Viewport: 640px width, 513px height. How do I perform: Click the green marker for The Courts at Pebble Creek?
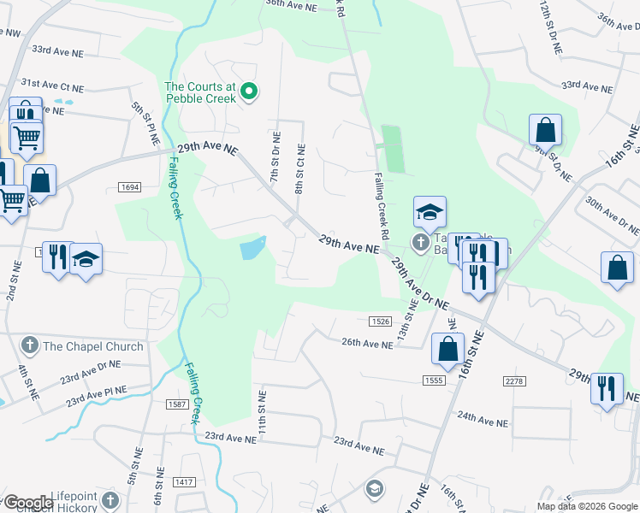[249, 90]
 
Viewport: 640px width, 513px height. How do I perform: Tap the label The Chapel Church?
[93, 346]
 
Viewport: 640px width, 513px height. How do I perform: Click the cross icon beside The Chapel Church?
[30, 346]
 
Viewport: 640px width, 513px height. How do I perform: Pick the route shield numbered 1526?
[381, 321]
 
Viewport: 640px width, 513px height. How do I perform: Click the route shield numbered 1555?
[434, 380]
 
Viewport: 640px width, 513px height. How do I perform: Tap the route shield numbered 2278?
[513, 380]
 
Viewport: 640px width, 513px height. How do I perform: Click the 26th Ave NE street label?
[367, 344]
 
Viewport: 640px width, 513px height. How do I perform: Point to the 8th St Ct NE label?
[299, 168]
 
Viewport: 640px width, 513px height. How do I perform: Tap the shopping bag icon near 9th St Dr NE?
[545, 131]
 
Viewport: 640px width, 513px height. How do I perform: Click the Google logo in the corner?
[28, 503]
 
